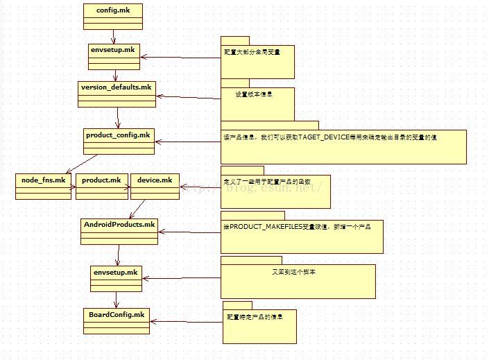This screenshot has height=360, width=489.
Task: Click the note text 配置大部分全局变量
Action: point(252,52)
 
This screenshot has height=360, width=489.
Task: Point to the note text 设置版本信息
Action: point(254,94)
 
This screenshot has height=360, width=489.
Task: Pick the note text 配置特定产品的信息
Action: point(255,317)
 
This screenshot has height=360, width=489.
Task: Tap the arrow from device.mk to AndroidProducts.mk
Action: point(137,207)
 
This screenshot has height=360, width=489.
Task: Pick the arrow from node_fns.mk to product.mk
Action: point(72,187)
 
